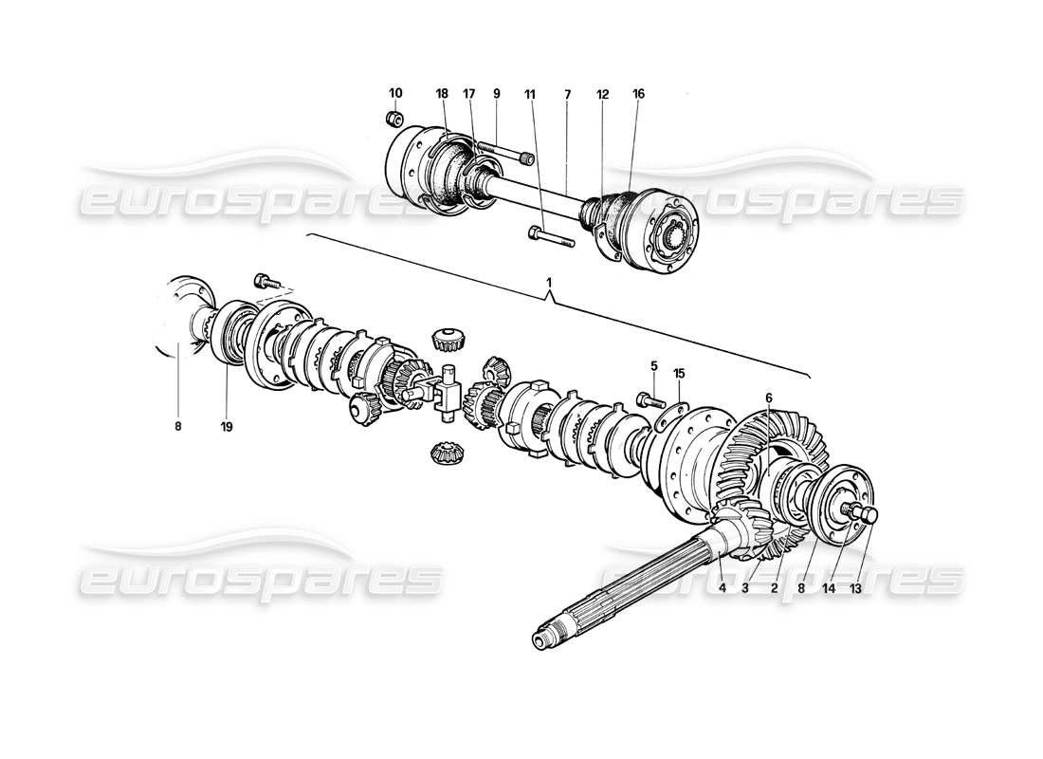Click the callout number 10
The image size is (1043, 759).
pos(395,93)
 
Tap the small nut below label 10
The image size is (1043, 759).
pos(397,119)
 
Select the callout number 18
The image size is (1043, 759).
pos(442,93)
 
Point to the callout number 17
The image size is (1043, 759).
pos(468,93)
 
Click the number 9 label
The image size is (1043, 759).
pos(496,93)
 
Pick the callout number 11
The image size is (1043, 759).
pos(529,93)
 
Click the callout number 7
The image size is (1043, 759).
pos(567,93)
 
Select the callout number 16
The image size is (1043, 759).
pos(638,93)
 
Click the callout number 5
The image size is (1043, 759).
pos(653,365)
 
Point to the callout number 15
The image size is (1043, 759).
pos(679,372)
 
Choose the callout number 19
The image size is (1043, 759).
pos(228,426)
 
